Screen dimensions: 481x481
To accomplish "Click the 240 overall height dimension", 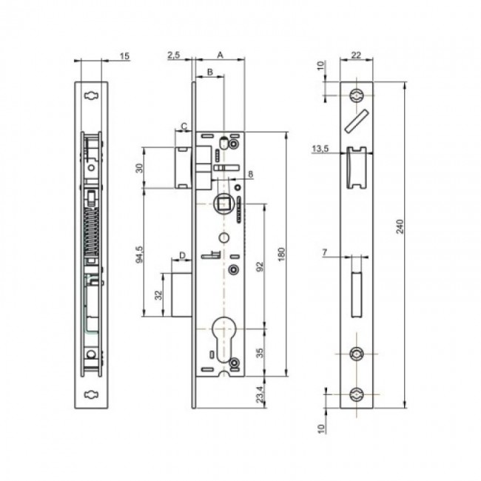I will pos(400,228).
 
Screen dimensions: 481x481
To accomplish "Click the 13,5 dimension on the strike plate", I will pos(320,149).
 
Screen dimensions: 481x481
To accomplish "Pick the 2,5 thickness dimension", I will pos(175,54).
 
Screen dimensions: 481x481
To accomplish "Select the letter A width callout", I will pos(221,54).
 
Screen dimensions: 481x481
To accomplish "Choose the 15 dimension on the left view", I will pos(124,56).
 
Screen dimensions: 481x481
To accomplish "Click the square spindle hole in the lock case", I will pos(223,201).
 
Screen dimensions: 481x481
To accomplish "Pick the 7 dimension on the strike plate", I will pos(325,254).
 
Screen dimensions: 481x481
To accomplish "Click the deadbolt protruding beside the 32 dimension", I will pos(178,295).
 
